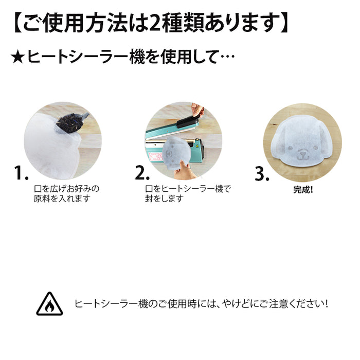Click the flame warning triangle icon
[x=49, y=304]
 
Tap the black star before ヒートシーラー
[x=17, y=58]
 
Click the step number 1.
[x=21, y=173]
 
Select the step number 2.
[x=142, y=173]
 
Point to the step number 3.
[x=262, y=174]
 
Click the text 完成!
[x=303, y=190]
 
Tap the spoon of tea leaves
[x=72, y=123]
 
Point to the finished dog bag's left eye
[x=290, y=148]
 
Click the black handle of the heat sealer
[x=188, y=121]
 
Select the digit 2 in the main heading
[x=154, y=24]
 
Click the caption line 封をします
[x=165, y=199]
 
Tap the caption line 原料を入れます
[x=62, y=199]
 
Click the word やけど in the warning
[x=236, y=304]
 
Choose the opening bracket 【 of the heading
[x=18, y=24]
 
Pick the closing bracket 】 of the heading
[x=284, y=24]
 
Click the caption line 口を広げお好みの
[x=66, y=189]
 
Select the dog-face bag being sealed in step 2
[x=176, y=153]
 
